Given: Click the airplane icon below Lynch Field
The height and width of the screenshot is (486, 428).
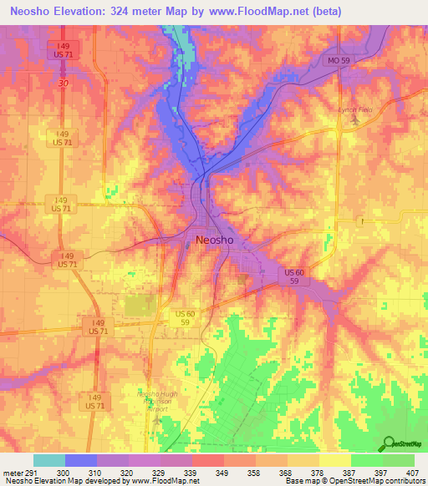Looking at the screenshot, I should pos(355,122).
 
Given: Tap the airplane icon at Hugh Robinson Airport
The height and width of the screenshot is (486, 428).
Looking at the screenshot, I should pos(159,417).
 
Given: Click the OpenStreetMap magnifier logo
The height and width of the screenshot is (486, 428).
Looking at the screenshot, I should pos(390,444).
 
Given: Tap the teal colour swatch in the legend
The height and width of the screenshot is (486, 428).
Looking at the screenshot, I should pos(49,460).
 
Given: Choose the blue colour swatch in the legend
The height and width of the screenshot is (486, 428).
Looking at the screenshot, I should pos(81,460).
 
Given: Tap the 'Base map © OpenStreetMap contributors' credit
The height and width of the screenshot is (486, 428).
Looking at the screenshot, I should pos(354,482).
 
